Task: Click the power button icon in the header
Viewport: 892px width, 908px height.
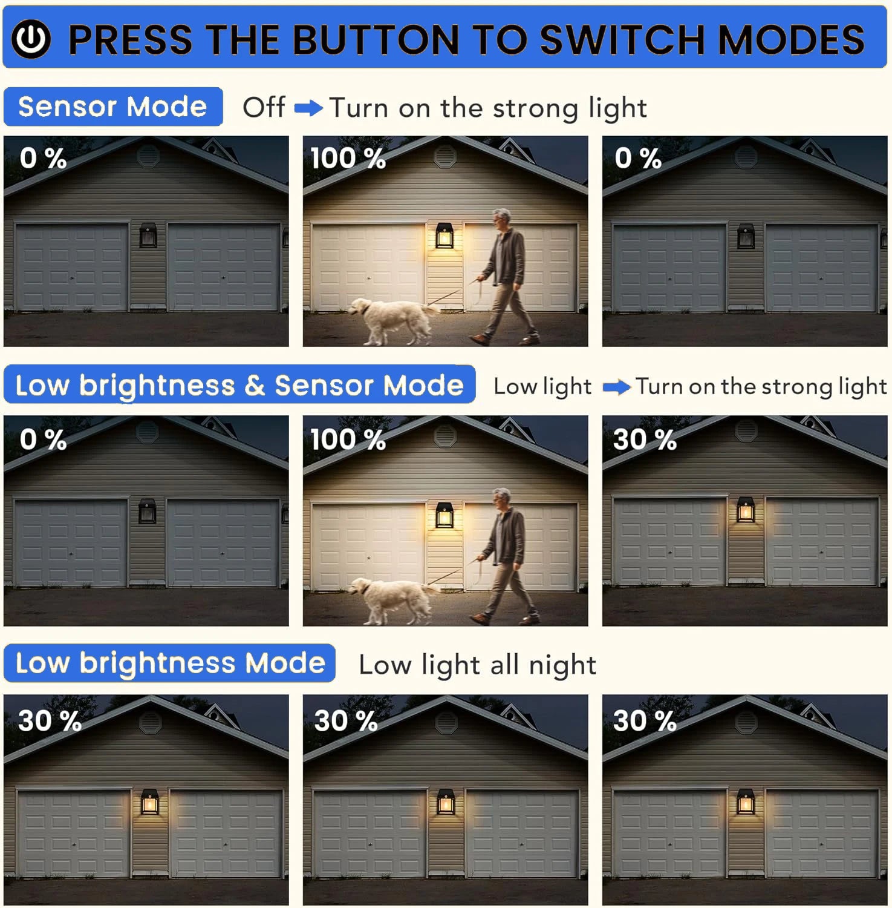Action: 31,39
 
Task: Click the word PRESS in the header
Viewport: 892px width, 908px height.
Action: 131,40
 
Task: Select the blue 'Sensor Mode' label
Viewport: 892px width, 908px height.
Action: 113,107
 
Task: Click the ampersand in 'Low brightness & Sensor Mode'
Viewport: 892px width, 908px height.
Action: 255,386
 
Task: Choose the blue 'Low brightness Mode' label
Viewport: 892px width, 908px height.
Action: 169,663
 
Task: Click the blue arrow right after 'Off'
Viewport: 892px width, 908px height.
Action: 308,109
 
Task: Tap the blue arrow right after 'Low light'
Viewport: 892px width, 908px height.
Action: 617,387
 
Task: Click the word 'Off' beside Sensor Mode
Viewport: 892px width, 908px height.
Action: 264,107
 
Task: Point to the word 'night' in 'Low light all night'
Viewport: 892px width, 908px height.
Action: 562,666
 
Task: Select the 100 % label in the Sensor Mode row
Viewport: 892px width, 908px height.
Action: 348,159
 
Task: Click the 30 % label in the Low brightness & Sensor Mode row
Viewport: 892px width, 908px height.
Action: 645,440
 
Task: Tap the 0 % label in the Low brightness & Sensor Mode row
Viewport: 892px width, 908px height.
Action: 43,440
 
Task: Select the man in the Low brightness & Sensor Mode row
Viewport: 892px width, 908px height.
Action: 505,556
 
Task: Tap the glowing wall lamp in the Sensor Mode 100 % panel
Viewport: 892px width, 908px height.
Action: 444,236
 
